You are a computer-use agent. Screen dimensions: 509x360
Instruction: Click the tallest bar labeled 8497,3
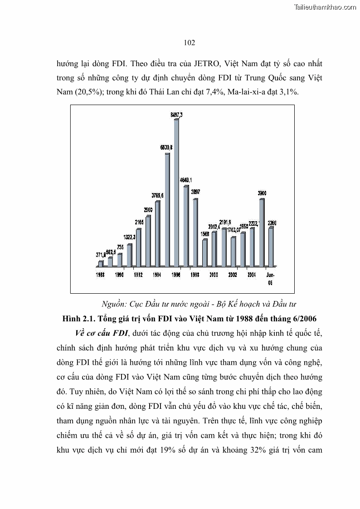(176, 192)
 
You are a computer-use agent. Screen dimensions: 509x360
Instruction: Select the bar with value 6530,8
(167, 209)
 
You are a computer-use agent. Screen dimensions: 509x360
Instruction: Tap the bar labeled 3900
(262, 232)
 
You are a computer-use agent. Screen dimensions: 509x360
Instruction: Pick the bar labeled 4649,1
(186, 225)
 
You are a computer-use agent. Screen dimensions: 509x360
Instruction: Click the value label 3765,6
(157, 195)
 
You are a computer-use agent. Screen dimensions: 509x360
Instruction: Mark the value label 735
(120, 247)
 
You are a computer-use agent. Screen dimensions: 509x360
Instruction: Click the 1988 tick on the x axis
(101, 275)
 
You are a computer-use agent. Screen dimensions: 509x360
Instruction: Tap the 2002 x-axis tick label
(233, 275)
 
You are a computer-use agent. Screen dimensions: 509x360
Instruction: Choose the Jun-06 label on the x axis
(270, 278)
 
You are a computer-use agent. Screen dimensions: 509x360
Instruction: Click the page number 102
(189, 43)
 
